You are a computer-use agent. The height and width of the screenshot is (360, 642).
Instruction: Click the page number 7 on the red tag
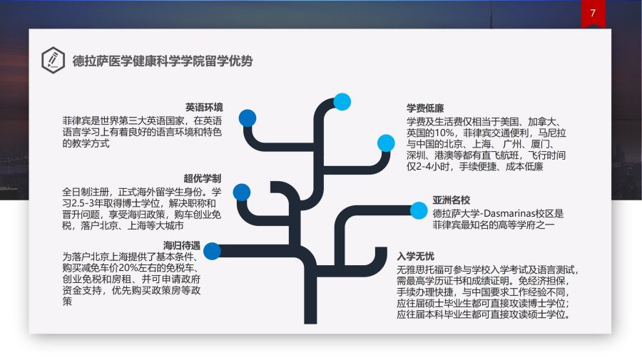coord(593,13)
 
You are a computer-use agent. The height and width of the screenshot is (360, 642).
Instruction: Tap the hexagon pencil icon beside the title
coord(53,60)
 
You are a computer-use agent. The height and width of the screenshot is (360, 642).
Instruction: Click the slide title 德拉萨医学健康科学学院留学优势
coord(163,61)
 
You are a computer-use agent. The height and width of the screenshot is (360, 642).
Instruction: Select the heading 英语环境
coord(204,108)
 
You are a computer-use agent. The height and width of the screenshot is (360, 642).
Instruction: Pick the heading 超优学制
coord(203,178)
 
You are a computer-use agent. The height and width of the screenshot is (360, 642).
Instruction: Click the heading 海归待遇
coord(182,245)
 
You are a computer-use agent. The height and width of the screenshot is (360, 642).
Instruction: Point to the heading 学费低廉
coord(425,108)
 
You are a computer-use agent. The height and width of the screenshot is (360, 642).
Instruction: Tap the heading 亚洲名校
coord(452,200)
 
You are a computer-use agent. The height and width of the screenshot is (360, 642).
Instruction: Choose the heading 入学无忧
coord(416,257)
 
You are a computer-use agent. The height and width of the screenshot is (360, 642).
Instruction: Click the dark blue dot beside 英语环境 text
coord(248,118)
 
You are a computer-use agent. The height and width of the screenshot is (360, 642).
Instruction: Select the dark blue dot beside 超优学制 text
coord(242,192)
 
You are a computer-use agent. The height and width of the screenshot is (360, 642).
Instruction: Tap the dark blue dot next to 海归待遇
coord(212,251)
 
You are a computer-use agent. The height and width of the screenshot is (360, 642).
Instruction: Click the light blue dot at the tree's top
coord(342,102)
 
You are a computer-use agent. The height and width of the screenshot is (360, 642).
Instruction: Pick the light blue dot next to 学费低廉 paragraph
coord(386,143)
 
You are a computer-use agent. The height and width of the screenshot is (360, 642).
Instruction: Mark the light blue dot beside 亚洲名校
coord(419,210)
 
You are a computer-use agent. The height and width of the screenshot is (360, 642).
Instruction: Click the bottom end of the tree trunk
coord(310,323)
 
